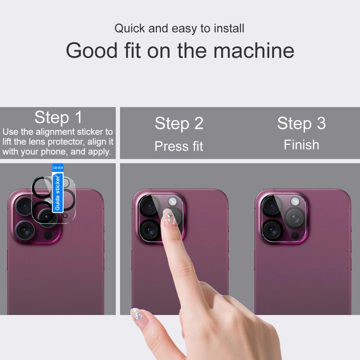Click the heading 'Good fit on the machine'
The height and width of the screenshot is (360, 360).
180,50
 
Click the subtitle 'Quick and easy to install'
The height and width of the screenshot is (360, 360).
179,28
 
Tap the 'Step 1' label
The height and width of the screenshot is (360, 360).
58,117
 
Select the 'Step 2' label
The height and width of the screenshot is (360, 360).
179,123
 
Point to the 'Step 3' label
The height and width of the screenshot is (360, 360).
301,123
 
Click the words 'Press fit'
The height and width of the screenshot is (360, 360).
179,146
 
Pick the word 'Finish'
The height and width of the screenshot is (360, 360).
301,145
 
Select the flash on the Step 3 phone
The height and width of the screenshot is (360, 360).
295,201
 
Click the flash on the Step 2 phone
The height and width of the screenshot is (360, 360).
172,201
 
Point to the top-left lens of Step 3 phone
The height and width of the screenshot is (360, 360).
271,206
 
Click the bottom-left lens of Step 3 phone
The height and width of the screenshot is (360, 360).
272,230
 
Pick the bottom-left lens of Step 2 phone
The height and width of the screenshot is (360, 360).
149,230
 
